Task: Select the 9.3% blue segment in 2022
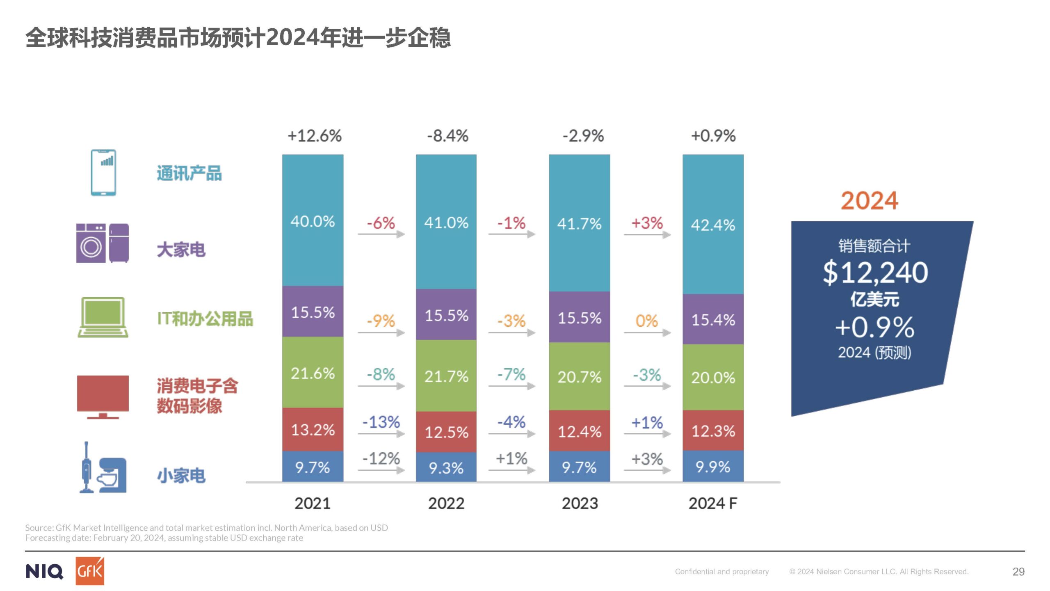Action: pos(446,467)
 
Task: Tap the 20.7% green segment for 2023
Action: pos(579,376)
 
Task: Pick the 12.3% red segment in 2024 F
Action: pos(713,431)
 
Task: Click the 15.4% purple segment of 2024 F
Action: pos(713,319)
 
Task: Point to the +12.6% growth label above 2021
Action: pos(314,135)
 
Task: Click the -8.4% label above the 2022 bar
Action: pos(447,135)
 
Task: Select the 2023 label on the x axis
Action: pos(580,503)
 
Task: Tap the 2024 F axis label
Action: pos(713,503)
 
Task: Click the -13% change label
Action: pos(381,421)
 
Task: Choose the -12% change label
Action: pos(381,458)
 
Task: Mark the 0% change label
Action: pos(646,321)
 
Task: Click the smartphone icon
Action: pos(103,172)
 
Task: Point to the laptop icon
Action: pos(103,317)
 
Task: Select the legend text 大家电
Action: pos(181,250)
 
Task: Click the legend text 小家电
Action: pos(181,476)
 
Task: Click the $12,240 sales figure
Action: pos(875,272)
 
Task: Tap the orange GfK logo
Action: pos(90,571)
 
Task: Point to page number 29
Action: pos(1018,571)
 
